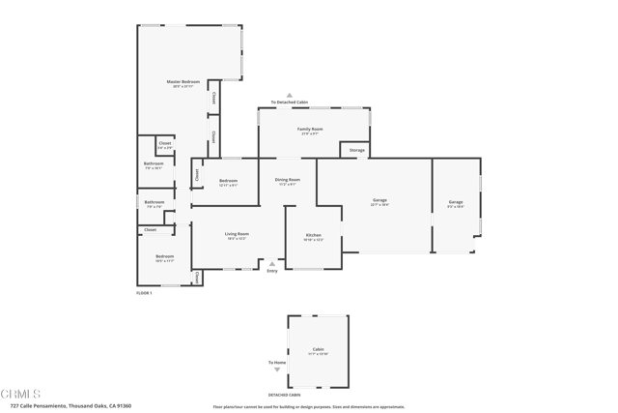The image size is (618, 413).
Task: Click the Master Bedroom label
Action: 183,83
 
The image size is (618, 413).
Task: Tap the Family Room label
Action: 310,130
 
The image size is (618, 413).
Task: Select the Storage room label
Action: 356,151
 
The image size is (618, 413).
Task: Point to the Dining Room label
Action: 288,181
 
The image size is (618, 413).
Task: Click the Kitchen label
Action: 314,236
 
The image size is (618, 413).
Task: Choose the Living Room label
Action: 237,235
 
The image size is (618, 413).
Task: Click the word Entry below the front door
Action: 272,271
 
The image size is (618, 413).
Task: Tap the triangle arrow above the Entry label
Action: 272,263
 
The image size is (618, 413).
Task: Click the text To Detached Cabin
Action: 289,102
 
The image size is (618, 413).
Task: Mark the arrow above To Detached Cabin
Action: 289,95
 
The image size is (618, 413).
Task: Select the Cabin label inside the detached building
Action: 318,350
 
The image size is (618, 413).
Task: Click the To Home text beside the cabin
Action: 277,363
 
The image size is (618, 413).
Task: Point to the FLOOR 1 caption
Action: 144,292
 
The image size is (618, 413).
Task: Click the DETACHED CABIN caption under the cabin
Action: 284,395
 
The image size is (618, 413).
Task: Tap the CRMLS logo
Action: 20,394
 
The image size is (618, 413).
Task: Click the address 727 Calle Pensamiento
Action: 70,406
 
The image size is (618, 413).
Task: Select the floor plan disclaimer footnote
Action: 308,407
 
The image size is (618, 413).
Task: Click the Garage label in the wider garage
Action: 379,201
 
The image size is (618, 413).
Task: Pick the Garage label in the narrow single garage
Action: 455,203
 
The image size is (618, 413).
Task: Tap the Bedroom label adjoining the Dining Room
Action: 228,182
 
